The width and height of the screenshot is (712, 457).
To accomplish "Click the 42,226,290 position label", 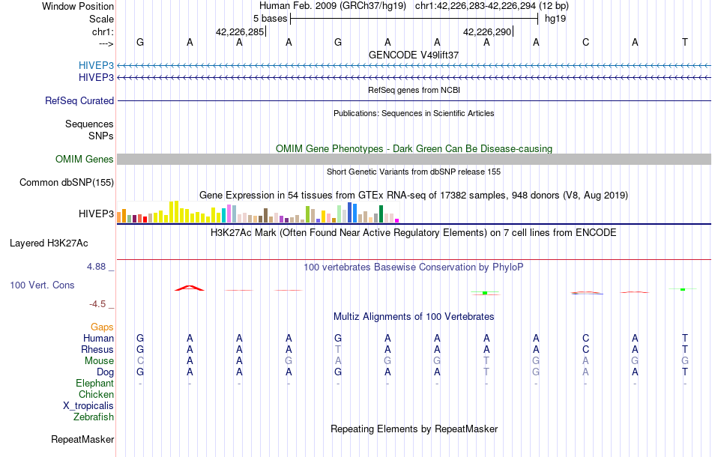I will click(488, 32).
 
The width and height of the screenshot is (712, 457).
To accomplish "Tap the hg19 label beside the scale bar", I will click(555, 19).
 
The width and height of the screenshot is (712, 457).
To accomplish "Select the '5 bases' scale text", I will click(269, 19).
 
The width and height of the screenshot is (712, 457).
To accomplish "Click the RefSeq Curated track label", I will click(79, 100).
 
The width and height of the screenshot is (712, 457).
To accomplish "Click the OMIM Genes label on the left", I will click(85, 159).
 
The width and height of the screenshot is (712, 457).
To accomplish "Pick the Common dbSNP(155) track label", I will click(67, 182).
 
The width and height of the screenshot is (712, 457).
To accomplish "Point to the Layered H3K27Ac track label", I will click(49, 243).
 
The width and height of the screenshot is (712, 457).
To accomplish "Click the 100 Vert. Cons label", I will click(42, 285).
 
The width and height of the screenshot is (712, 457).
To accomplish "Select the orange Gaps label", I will click(102, 327).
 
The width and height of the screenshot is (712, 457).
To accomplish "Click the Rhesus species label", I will click(98, 349).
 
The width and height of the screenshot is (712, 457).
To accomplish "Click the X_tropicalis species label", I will click(88, 405).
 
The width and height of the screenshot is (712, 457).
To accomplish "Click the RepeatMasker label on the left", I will click(82, 439).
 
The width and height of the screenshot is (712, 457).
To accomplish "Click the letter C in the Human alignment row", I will click(585, 338).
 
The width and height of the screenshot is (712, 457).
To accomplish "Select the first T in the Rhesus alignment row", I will click(338, 349).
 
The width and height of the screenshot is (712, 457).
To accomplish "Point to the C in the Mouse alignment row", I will click(140, 360).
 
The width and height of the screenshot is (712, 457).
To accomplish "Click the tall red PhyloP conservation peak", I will click(190, 287).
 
